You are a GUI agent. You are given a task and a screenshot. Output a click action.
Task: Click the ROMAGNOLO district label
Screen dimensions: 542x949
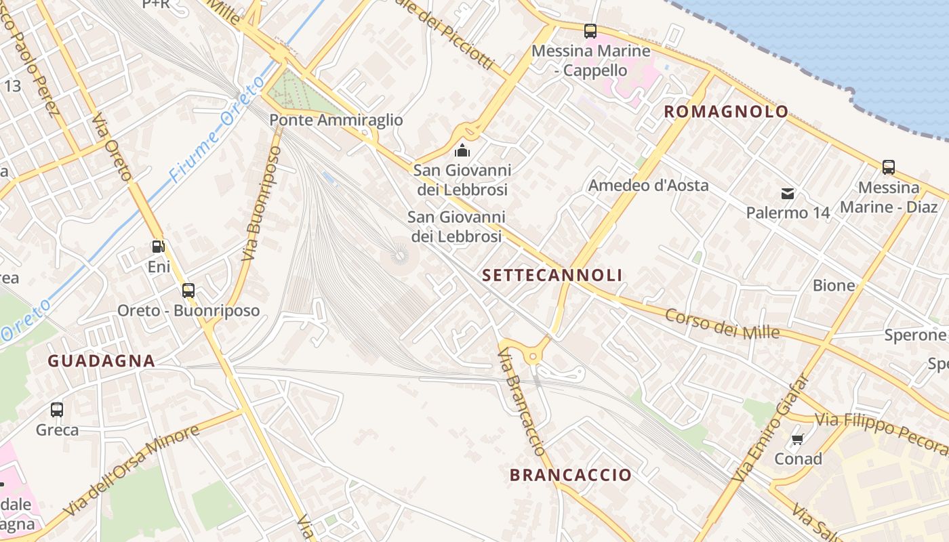coord(726,112)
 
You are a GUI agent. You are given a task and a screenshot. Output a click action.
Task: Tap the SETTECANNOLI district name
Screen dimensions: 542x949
coord(552,275)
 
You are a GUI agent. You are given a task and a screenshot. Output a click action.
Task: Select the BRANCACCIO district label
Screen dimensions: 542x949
coord(570,475)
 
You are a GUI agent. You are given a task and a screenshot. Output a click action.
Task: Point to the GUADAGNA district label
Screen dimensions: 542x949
coord(101,361)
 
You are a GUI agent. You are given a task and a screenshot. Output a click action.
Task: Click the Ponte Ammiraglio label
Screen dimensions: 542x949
coord(336,121)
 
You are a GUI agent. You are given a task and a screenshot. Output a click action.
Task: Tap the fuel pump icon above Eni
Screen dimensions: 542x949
coord(158,247)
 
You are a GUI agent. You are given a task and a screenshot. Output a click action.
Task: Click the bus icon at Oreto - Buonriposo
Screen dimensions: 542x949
coord(188,291)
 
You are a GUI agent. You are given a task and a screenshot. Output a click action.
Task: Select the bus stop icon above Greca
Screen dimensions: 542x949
coord(57,409)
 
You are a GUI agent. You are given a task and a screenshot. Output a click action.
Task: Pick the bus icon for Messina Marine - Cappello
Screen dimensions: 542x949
coord(590,30)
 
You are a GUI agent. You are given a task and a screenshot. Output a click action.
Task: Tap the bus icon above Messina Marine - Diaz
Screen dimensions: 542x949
coord(888,167)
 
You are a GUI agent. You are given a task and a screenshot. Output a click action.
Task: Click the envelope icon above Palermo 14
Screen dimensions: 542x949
coord(788,194)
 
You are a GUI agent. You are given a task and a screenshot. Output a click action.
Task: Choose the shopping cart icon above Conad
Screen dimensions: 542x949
coord(798,439)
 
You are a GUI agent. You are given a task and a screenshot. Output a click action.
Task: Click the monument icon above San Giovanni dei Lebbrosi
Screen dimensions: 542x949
coord(462,150)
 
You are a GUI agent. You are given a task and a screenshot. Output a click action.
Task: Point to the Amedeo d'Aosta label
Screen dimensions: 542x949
coord(648,186)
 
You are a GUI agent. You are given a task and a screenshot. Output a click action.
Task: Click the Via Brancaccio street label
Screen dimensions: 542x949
coord(521,402)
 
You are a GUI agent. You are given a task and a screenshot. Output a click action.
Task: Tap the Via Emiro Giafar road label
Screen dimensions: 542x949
coord(771,428)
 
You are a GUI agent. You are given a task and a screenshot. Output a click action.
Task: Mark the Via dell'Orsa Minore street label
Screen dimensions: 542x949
coord(132,470)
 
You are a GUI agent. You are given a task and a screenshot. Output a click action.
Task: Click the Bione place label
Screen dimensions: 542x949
coord(834,285)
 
